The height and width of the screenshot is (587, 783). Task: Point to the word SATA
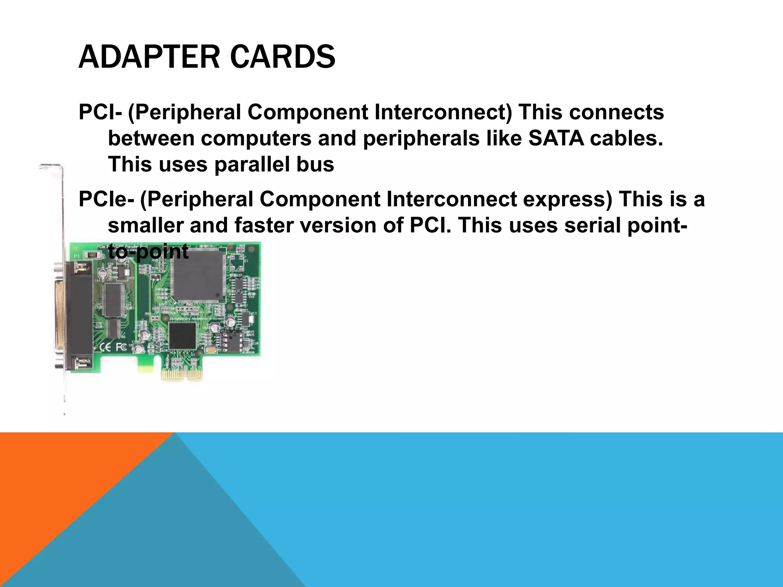point(556,138)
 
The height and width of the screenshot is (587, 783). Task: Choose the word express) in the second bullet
point(567,199)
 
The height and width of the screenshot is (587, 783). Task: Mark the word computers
point(256,138)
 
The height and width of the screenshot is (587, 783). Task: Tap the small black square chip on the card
point(182,336)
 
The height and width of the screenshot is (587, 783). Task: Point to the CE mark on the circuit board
point(105,347)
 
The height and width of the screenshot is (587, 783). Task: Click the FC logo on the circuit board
point(121,347)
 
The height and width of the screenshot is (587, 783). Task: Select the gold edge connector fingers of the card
point(181,374)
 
